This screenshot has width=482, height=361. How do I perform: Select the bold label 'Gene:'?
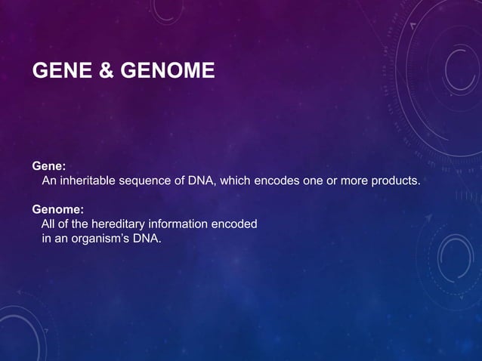[x=49, y=165]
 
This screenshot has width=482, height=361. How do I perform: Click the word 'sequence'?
[x=148, y=180]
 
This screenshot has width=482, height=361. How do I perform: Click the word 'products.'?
[x=394, y=180]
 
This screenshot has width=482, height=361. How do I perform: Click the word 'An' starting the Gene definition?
[x=48, y=180]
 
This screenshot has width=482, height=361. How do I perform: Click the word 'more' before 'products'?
[x=351, y=180]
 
